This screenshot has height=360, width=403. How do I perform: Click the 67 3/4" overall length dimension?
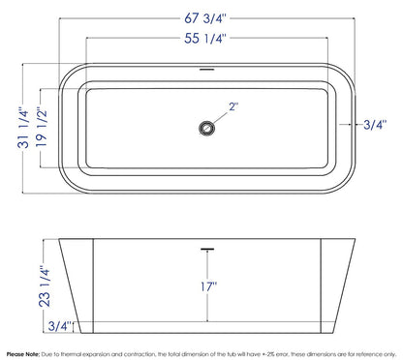[205, 18]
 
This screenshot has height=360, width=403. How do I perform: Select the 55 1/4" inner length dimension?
[205, 39]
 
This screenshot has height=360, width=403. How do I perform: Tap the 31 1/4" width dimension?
[23, 128]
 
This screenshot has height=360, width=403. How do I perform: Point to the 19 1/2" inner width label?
[42, 128]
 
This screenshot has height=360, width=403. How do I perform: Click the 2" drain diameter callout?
[233, 106]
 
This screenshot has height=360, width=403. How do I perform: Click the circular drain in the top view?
[206, 128]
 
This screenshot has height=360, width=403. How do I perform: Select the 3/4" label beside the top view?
[375, 124]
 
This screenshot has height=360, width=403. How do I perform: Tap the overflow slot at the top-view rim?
[206, 69]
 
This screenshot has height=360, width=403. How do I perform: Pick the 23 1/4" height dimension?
[45, 285]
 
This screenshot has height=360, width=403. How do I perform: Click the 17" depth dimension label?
[208, 286]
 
